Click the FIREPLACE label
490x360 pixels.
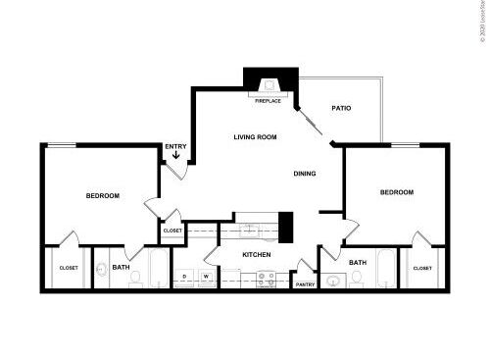(268, 101)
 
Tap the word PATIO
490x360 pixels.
(341, 108)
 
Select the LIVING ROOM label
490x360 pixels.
(257, 137)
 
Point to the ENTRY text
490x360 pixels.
(175, 147)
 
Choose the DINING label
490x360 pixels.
(304, 174)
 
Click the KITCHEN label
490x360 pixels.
(257, 255)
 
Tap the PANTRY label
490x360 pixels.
(305, 284)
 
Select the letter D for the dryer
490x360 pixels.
(184, 277)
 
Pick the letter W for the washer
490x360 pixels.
(206, 277)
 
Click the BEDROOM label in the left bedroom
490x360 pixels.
(102, 196)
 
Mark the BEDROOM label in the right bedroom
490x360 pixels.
(397, 192)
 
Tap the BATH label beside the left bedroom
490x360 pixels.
(121, 267)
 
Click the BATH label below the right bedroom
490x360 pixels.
(358, 262)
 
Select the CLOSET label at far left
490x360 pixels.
(69, 268)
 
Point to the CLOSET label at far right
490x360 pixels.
(421, 267)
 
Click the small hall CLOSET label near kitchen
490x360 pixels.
(172, 231)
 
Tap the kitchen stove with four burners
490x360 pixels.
(265, 279)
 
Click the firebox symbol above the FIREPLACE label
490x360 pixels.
(268, 85)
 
